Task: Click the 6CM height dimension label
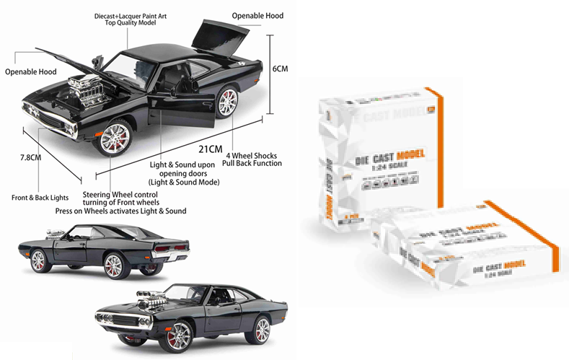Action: (x=281, y=69)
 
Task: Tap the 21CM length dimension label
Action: (x=211, y=149)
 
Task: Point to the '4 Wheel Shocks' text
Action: (x=252, y=155)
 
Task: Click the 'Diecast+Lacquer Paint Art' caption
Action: (x=131, y=14)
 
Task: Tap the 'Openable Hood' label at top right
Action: (x=257, y=16)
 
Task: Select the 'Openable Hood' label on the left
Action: (x=30, y=72)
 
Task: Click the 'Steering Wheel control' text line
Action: (x=120, y=195)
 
